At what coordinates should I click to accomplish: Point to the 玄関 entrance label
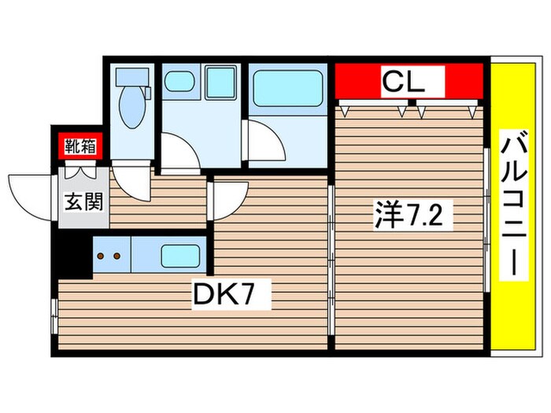tap(81, 202)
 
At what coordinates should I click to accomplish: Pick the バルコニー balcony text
tap(512, 206)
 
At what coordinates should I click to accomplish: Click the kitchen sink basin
tap(181, 256)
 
